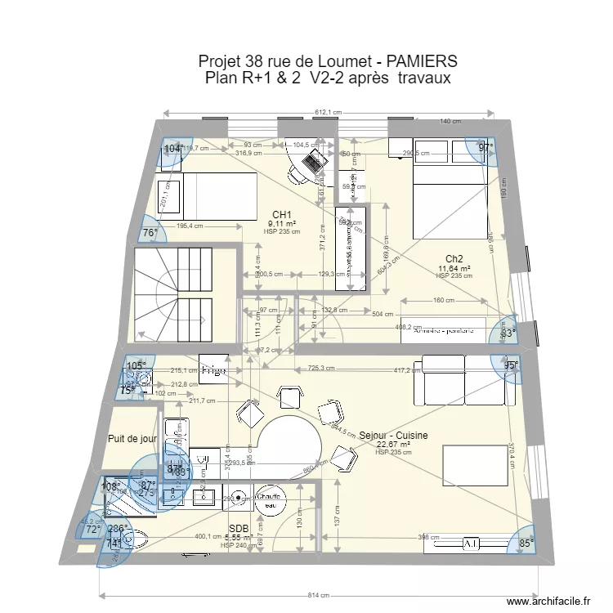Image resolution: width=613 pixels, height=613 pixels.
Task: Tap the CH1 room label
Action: pyautogui.click(x=281, y=215)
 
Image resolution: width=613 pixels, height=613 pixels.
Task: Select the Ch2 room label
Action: pyautogui.click(x=454, y=259)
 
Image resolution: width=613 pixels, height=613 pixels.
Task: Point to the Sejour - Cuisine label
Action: pyautogui.click(x=393, y=436)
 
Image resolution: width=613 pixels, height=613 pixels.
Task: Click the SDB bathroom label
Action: pyautogui.click(x=239, y=529)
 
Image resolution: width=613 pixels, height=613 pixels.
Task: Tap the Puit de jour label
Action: pyautogui.click(x=132, y=439)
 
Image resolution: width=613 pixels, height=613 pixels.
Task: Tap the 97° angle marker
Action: pyautogui.click(x=486, y=148)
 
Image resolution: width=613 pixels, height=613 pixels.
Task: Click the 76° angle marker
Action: pyautogui.click(x=150, y=233)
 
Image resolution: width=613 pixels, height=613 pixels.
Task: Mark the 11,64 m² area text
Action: pyautogui.click(x=454, y=268)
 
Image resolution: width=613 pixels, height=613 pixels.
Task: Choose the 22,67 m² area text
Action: pyautogui.click(x=393, y=445)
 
